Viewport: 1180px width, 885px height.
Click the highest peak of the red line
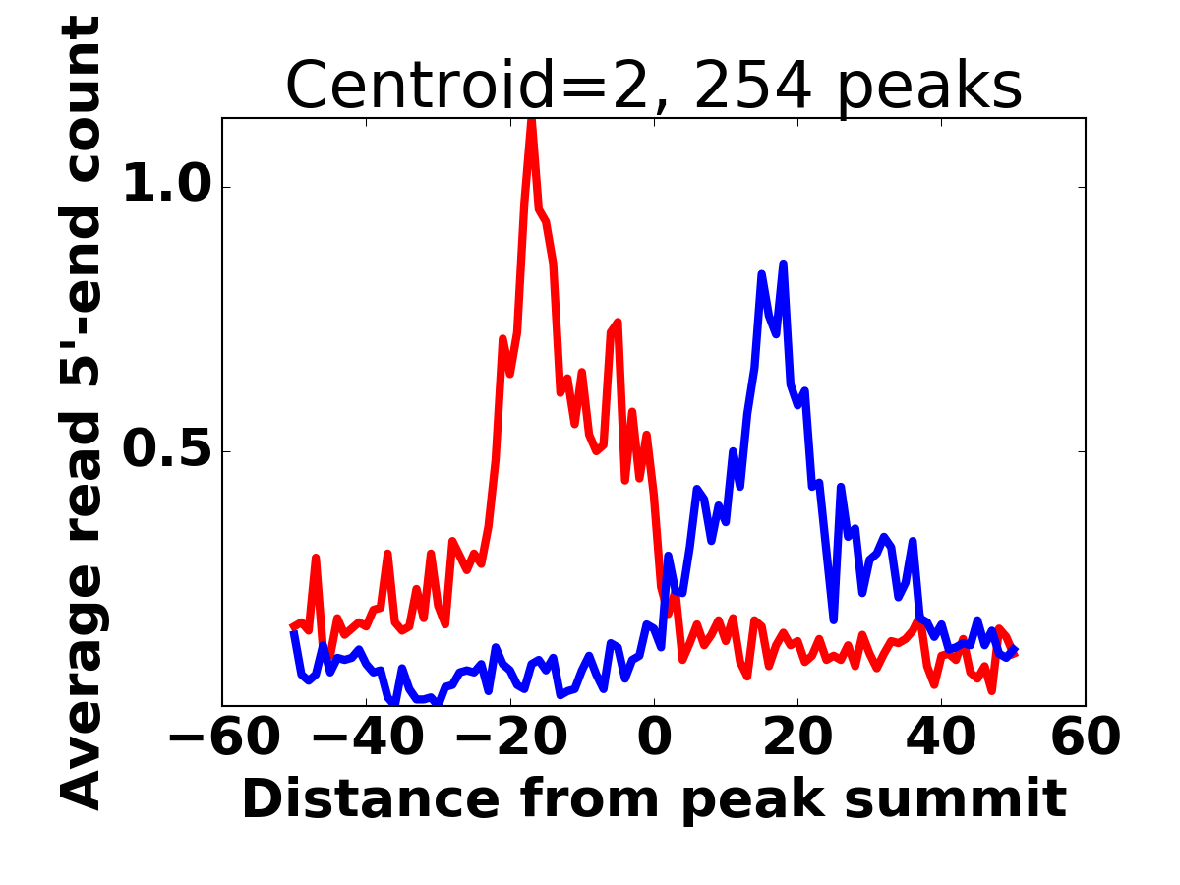pos(531,122)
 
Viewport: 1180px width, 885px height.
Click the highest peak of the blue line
pos(783,265)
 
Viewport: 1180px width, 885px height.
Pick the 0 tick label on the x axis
pos(654,737)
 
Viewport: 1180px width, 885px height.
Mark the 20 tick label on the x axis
pos(797,737)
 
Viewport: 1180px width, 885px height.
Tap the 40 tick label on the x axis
pos(941,737)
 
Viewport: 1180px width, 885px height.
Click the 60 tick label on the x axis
pos(1086,737)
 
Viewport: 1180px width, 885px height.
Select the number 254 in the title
pos(753,87)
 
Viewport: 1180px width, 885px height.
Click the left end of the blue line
pos(293,631)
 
